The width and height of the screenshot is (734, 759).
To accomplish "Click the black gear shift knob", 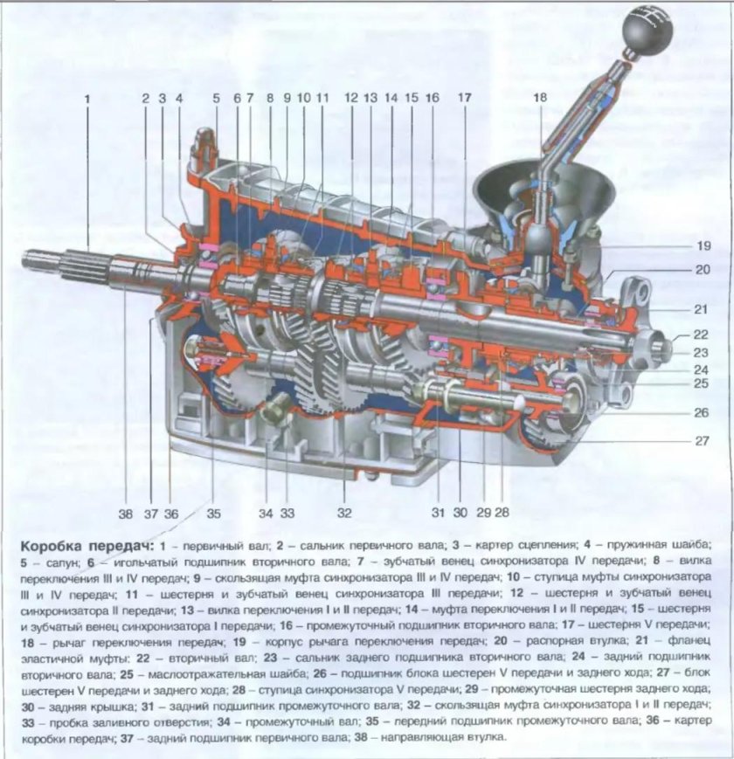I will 643,34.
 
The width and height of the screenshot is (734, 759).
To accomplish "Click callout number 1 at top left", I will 87,99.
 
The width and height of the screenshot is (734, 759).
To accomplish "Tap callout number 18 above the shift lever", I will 539,99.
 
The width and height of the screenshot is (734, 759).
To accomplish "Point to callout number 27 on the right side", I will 702,441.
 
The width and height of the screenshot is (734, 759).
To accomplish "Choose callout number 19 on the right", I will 703,245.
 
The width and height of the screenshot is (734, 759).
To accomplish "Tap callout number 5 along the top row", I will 216,99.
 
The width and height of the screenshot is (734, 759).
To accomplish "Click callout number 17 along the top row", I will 464,99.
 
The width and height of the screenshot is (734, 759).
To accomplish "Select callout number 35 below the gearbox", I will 214,513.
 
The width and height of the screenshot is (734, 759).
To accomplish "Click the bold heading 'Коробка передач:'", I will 73,545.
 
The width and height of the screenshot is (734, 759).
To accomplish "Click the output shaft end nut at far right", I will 661,348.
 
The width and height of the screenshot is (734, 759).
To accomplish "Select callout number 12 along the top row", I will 351,99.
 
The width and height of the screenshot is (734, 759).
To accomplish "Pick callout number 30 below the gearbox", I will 460,513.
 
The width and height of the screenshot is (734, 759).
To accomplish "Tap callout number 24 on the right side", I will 702,369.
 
